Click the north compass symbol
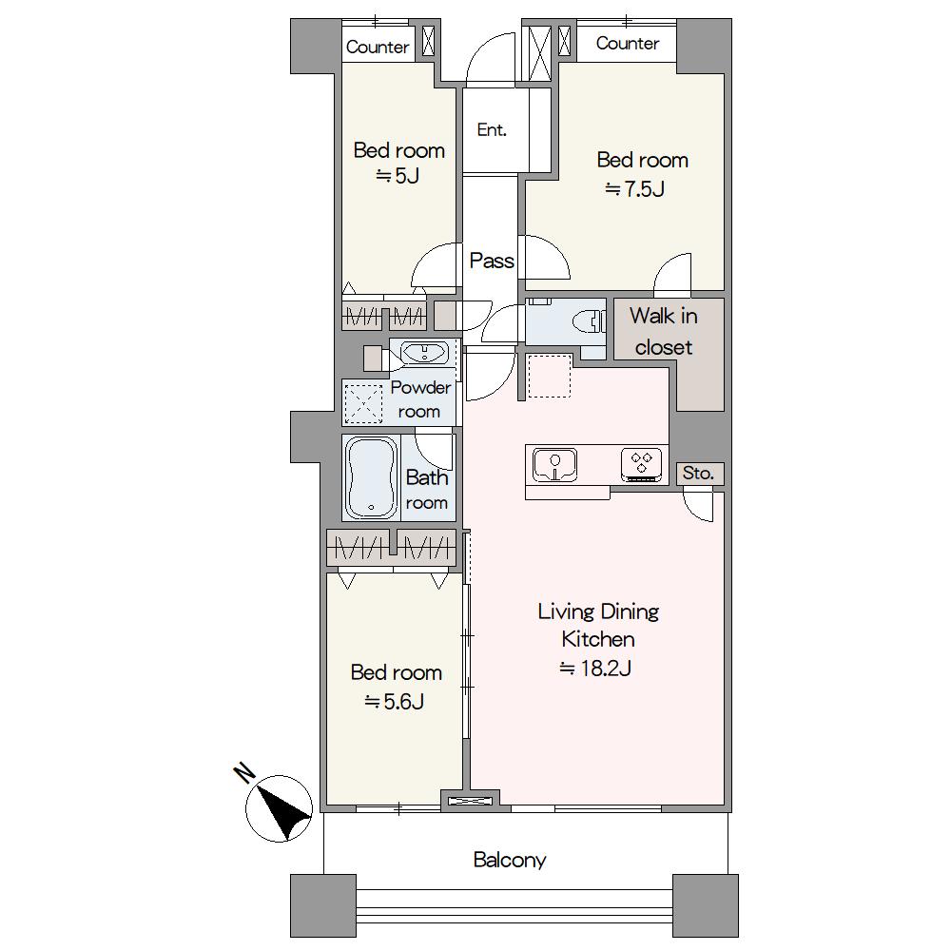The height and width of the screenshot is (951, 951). coord(279,807)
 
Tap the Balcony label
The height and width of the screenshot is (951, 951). coord(510,860)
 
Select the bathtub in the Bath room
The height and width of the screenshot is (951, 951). coord(371,477)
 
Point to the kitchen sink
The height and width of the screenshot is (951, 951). coord(554,465)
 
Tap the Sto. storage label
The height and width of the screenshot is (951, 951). coord(698,473)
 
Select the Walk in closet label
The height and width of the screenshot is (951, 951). coord(664,331)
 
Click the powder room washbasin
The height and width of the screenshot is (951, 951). coord(424,353)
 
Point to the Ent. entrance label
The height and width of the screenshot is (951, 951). coord(492,129)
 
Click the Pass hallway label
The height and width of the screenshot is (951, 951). coord(492,261)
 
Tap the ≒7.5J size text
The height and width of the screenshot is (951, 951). coord(635,189)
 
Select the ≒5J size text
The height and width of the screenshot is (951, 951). coord(398,176)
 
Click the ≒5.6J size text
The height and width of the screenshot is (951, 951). coord(395,702)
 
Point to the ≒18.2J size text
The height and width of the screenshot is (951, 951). coord(595,669)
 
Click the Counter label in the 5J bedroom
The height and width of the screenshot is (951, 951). coord(378,48)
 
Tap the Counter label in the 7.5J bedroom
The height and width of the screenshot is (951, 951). coord(627,43)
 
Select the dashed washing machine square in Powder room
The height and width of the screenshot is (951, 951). coord(363,403)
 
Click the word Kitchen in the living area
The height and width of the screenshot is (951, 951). coord(598,639)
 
